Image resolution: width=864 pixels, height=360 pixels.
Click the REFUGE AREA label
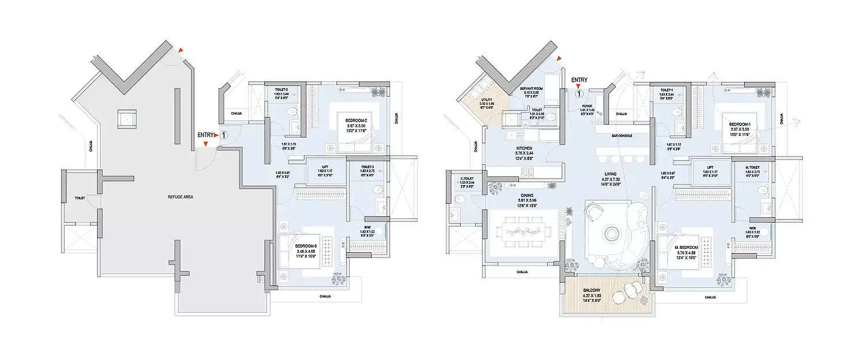180,197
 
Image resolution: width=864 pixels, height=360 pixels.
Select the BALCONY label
592,291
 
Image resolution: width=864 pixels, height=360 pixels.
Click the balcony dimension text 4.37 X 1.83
592,295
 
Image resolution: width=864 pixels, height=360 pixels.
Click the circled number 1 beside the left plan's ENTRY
224,135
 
